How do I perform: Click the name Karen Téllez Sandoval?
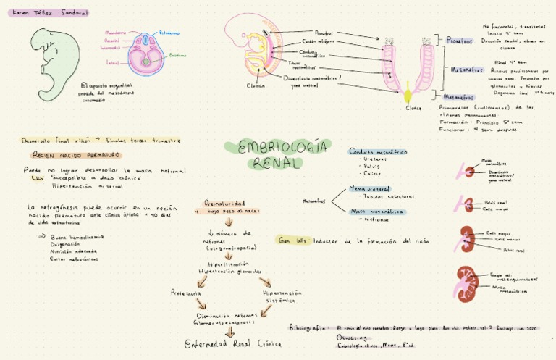[x=45, y=12]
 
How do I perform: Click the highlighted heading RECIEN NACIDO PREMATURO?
[x=76, y=155]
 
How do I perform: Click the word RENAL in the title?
[x=275, y=164]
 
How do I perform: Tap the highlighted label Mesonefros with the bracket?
[x=461, y=70]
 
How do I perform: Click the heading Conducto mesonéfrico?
[x=377, y=152]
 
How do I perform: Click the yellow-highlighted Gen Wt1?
[x=291, y=240]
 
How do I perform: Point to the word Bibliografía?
[x=307, y=327]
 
